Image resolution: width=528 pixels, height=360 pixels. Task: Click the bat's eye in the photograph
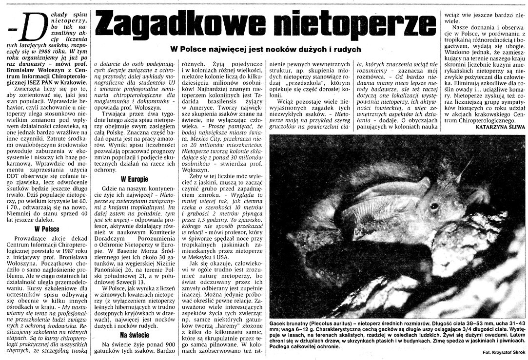(433, 207)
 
